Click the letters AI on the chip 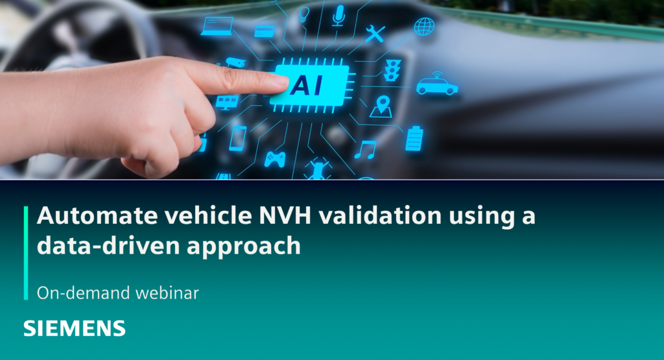pos(309,84)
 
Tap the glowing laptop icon pos(217,27)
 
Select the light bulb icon pos(303,14)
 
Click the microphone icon pos(338,15)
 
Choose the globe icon pos(424,27)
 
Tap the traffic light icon pos(392,70)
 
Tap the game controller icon pos(274,158)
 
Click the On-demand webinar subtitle pos(117,293)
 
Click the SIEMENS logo pos(75,328)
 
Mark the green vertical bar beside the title pos(26,253)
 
